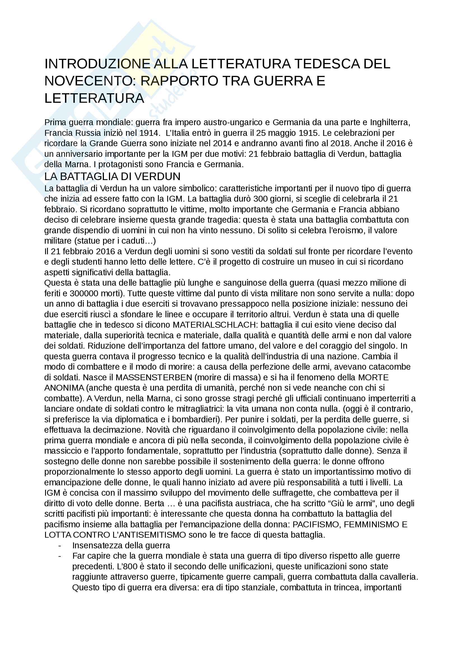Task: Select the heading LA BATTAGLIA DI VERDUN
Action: [112, 177]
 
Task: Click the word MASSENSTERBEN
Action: [154, 377]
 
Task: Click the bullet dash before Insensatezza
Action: [60, 546]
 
